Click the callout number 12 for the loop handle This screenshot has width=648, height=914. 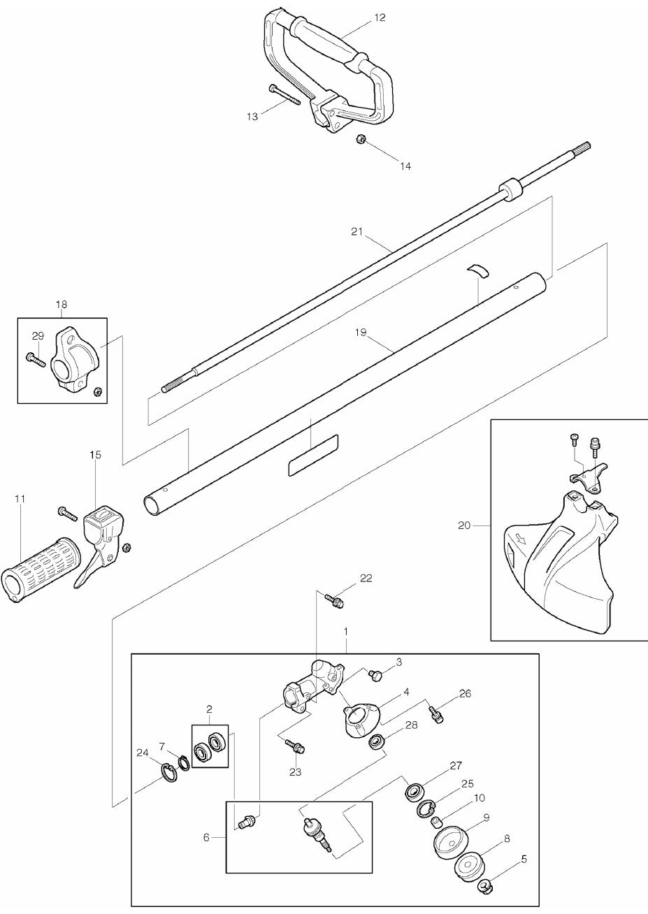(380, 17)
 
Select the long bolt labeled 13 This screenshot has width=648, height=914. (284, 95)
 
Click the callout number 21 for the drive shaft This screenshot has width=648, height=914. (357, 232)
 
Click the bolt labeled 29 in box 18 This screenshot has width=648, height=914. (34, 359)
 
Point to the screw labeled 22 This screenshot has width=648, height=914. (333, 600)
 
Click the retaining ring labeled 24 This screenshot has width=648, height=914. (168, 774)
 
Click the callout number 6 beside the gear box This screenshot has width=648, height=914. (206, 836)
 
